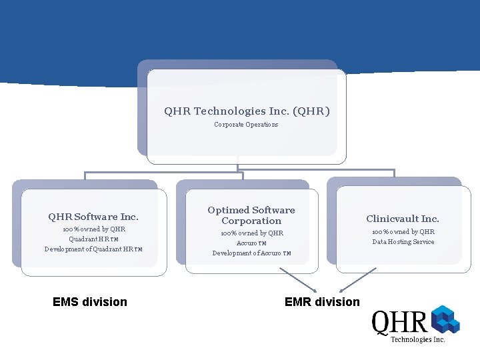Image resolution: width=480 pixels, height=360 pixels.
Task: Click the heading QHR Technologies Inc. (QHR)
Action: pyautogui.click(x=247, y=111)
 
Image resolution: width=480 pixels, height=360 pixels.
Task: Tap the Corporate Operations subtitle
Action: pyautogui.click(x=246, y=125)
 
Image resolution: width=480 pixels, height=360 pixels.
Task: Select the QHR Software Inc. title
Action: pyautogui.click(x=93, y=217)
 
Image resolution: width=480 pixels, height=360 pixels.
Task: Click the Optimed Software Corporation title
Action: pyautogui.click(x=251, y=215)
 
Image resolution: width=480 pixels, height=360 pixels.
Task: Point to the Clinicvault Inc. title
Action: pyautogui.click(x=403, y=219)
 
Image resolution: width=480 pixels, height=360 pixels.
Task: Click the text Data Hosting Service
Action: pyautogui.click(x=403, y=242)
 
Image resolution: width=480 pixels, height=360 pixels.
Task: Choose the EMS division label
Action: pyautogui.click(x=89, y=302)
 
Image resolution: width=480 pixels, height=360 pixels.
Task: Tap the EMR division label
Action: pyautogui.click(x=322, y=302)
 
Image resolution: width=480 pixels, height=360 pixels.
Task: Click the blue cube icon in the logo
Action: pyautogui.click(x=445, y=319)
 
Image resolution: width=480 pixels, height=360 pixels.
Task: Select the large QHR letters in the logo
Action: pyautogui.click(x=399, y=323)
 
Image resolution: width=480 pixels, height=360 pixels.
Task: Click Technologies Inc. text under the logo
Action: pyautogui.click(x=417, y=339)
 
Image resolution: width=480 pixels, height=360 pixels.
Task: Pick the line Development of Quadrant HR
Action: pyautogui.click(x=93, y=249)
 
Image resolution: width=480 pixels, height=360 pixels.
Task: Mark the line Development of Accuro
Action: pyautogui.click(x=251, y=253)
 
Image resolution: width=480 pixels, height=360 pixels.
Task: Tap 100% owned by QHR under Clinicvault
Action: pyautogui.click(x=403, y=232)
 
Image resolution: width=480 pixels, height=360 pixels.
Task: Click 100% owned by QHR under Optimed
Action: pyautogui.click(x=251, y=233)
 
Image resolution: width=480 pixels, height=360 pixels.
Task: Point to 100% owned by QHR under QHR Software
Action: pyautogui.click(x=93, y=229)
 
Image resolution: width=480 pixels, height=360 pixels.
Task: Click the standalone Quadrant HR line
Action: pyautogui.click(x=93, y=239)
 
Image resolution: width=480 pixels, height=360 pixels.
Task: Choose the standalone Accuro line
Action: pyautogui.click(x=251, y=243)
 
